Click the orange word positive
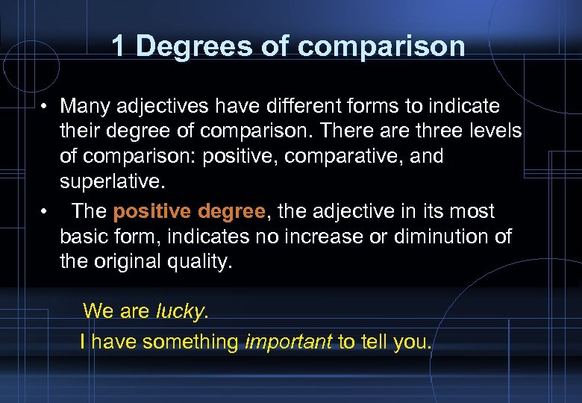[x=150, y=212]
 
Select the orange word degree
[x=228, y=212]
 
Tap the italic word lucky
[x=179, y=311]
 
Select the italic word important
[x=288, y=343]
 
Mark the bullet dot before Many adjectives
[x=46, y=107]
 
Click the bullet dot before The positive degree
[x=46, y=213]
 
